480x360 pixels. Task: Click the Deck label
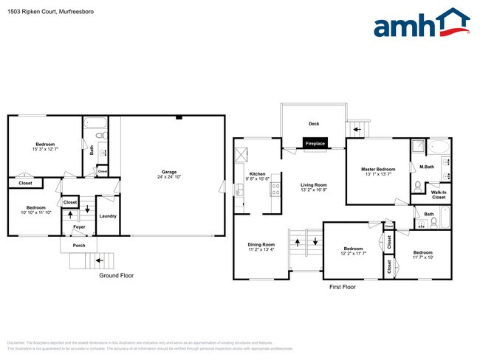point(313,123)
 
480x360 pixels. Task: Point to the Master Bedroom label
point(378,170)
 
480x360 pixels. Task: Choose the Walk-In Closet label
point(439,195)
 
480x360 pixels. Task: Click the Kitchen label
point(257,175)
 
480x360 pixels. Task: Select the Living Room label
point(313,185)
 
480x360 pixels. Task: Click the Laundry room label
point(108,216)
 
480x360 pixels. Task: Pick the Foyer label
point(79,227)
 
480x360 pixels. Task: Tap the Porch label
point(78,246)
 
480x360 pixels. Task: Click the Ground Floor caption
point(117,275)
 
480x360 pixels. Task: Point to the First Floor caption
point(343,286)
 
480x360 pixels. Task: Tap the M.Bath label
point(426,166)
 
